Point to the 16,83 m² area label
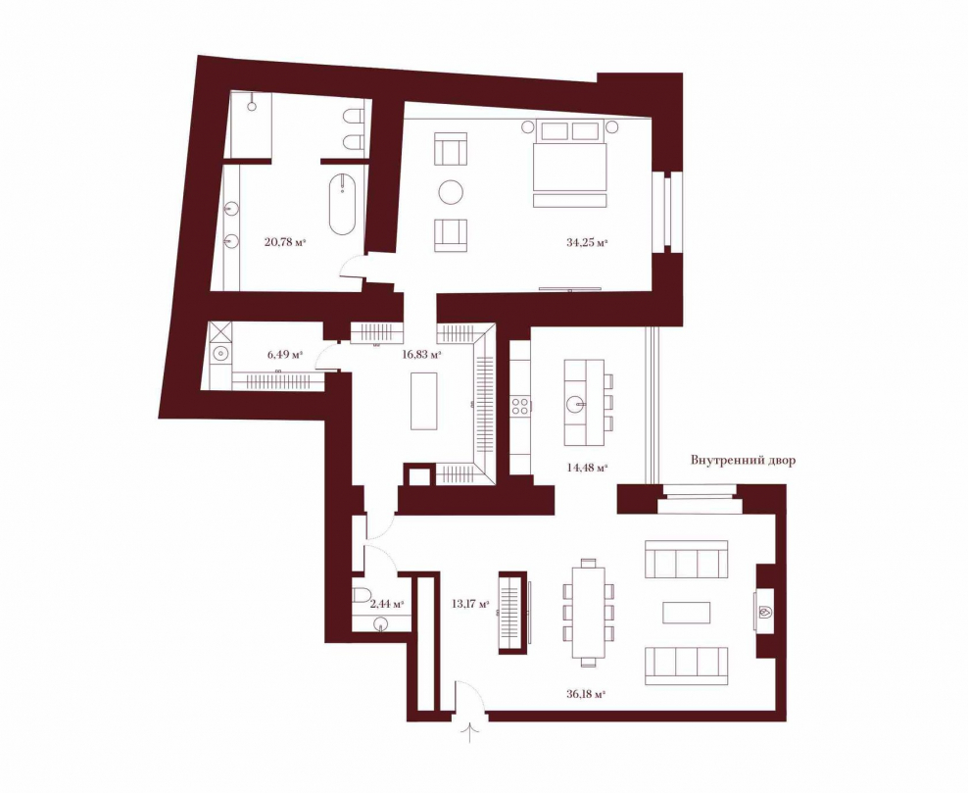point(421,355)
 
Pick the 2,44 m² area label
point(387,604)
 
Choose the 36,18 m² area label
point(584,694)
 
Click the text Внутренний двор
point(743,459)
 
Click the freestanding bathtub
point(342,204)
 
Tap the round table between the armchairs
point(451,192)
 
